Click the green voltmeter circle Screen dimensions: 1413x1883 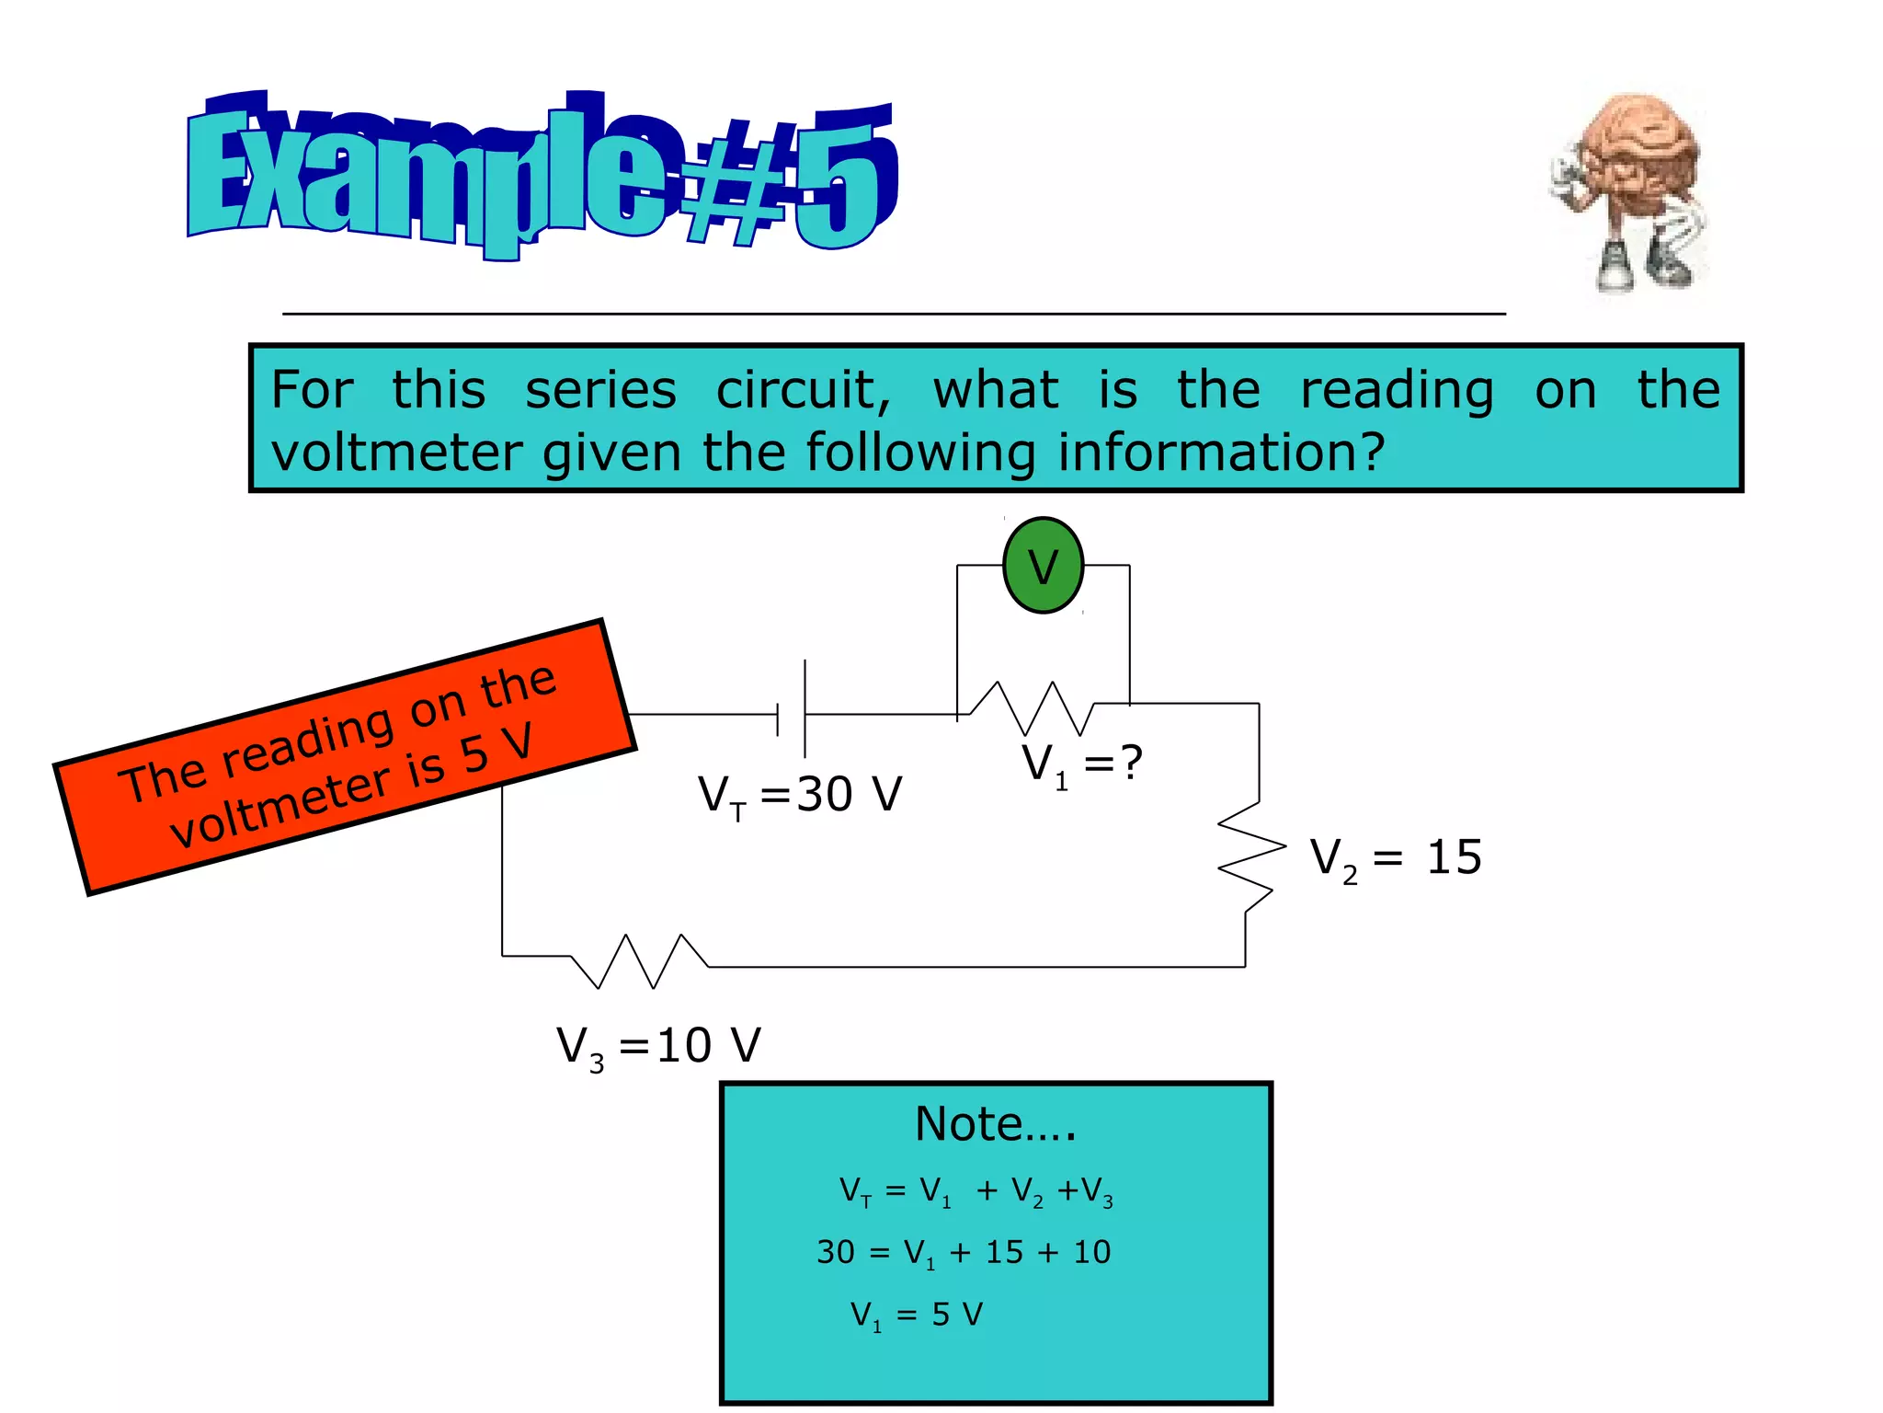(x=1043, y=566)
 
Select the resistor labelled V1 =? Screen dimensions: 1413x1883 (x=1032, y=708)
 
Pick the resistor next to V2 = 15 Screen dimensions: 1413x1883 (x=1250, y=856)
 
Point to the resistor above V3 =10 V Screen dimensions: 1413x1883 (x=640, y=961)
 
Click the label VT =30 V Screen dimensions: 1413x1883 (x=800, y=795)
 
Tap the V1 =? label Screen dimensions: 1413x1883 (x=1082, y=764)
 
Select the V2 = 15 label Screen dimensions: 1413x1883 (x=1396, y=858)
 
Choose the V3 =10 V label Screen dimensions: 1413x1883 (x=658, y=1047)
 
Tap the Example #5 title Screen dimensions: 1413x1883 (x=542, y=175)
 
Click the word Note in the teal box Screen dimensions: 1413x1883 (x=970, y=1124)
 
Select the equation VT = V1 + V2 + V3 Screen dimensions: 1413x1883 (x=976, y=1191)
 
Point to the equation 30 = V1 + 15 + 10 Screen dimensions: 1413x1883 (x=964, y=1253)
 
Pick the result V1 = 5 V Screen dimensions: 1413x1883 (x=917, y=1315)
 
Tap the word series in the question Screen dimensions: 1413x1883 (x=600, y=390)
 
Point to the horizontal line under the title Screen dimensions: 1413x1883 (x=894, y=314)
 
